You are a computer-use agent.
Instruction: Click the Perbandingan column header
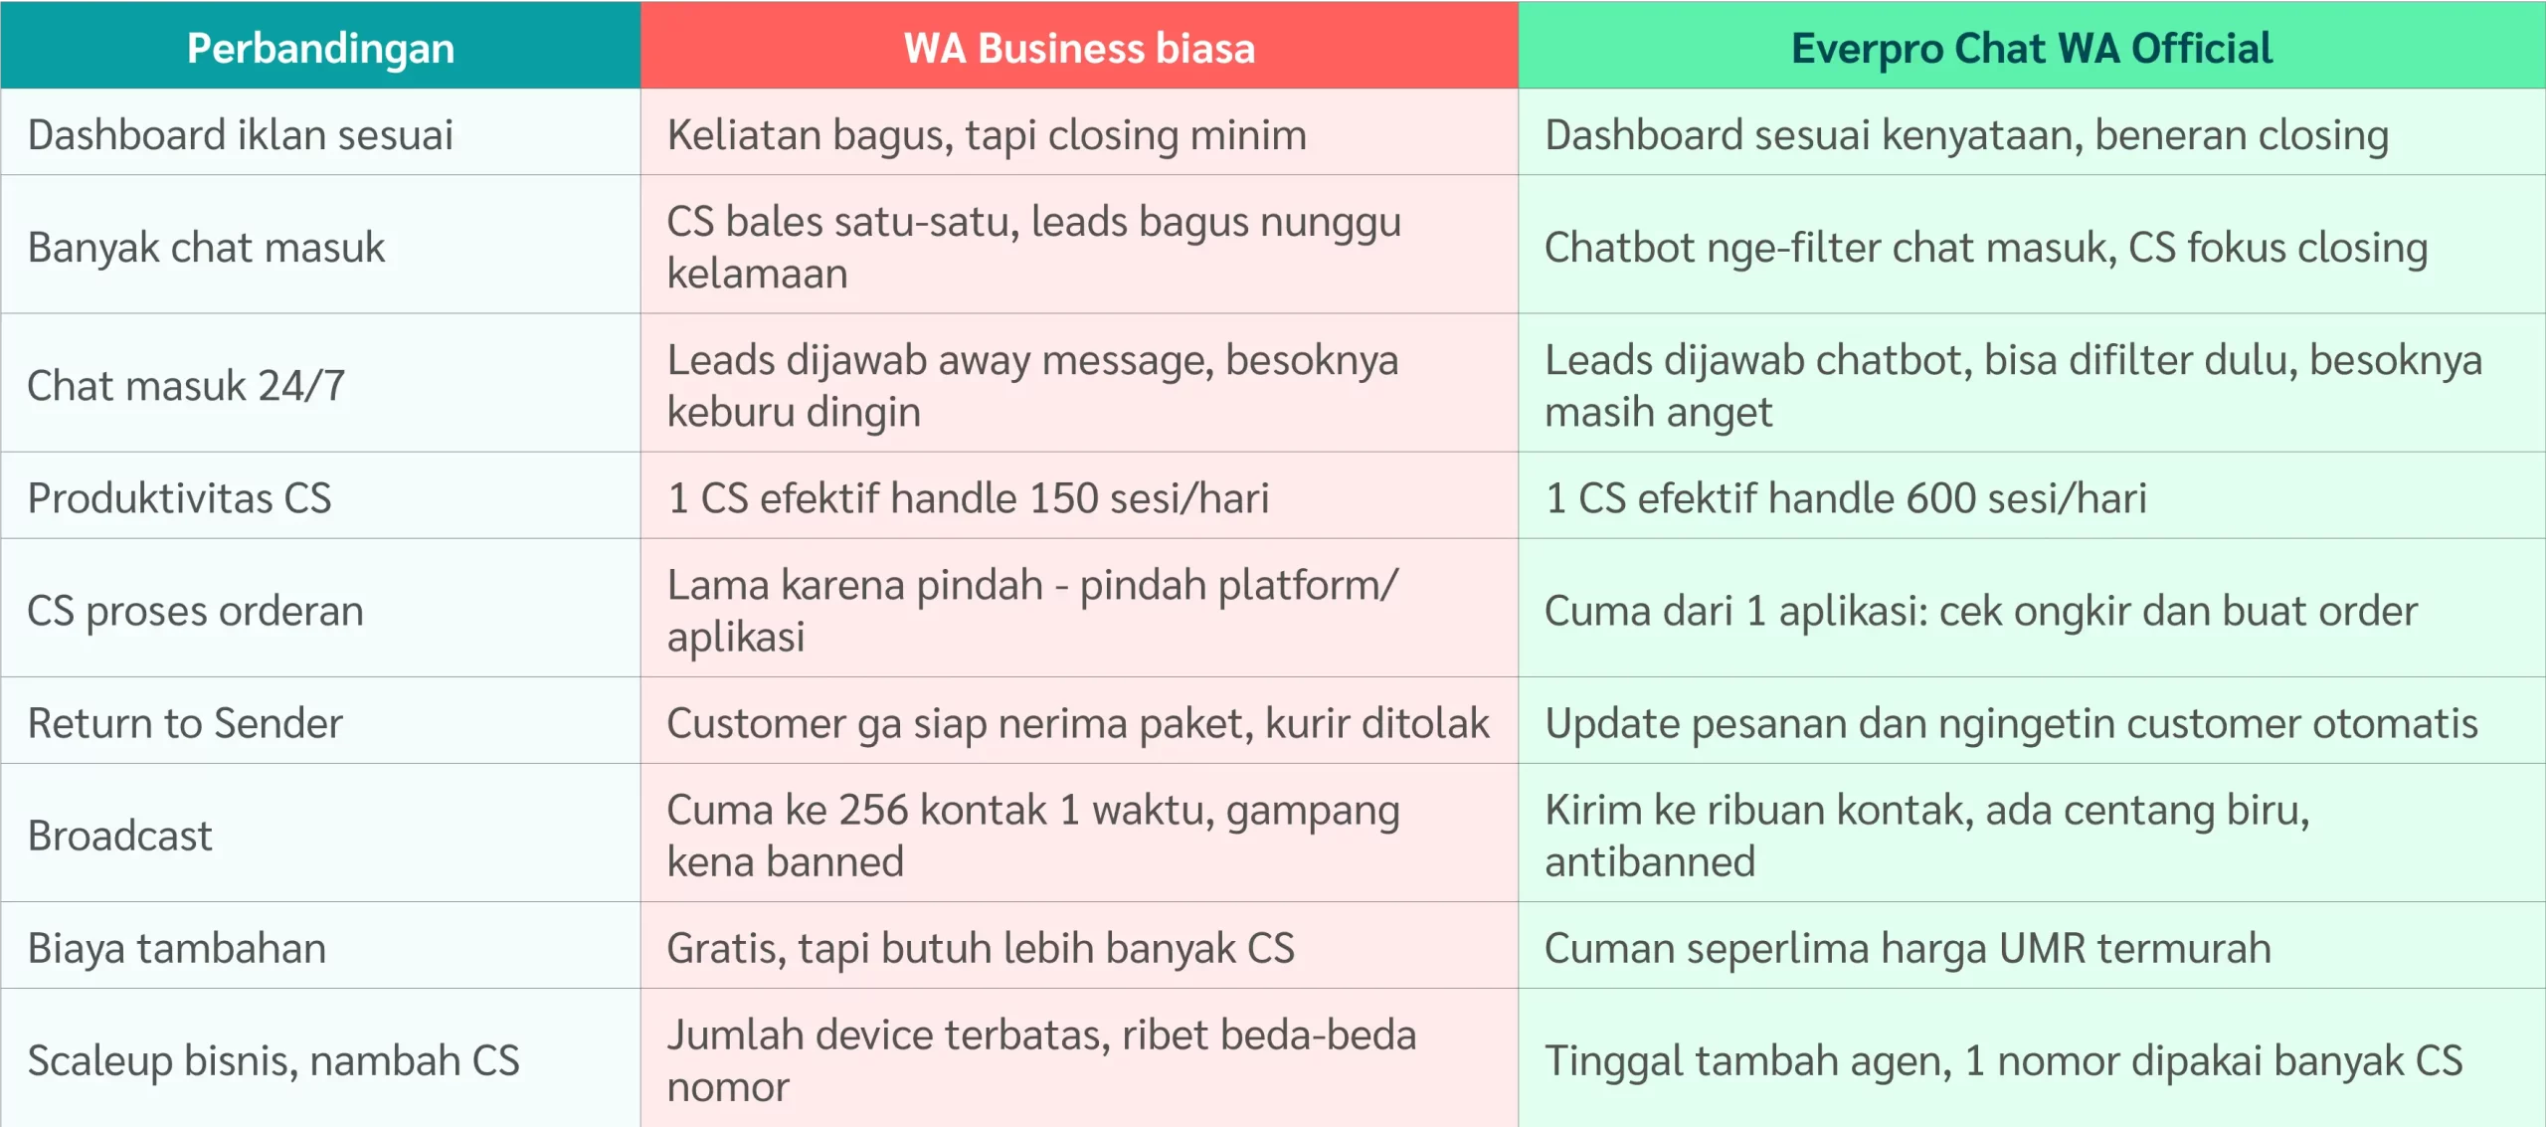(x=320, y=48)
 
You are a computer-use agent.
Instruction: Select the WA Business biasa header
(x=1079, y=48)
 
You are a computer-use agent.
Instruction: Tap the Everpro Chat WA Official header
(x=2032, y=48)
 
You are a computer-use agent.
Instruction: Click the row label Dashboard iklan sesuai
(x=241, y=134)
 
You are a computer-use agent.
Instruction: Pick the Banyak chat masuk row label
(x=206, y=247)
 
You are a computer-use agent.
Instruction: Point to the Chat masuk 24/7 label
(x=186, y=385)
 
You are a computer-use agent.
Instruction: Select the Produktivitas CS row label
(x=179, y=497)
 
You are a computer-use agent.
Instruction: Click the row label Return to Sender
(x=185, y=723)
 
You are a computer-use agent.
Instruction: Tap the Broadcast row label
(x=120, y=836)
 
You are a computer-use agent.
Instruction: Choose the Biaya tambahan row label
(x=177, y=948)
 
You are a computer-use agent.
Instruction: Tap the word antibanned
(x=1650, y=861)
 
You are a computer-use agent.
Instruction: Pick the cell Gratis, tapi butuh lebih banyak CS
(x=981, y=948)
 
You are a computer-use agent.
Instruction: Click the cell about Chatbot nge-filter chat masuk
(x=1986, y=248)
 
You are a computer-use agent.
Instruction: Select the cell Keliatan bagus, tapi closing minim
(x=987, y=135)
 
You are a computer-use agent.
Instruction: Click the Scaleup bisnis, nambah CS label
(x=273, y=1060)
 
